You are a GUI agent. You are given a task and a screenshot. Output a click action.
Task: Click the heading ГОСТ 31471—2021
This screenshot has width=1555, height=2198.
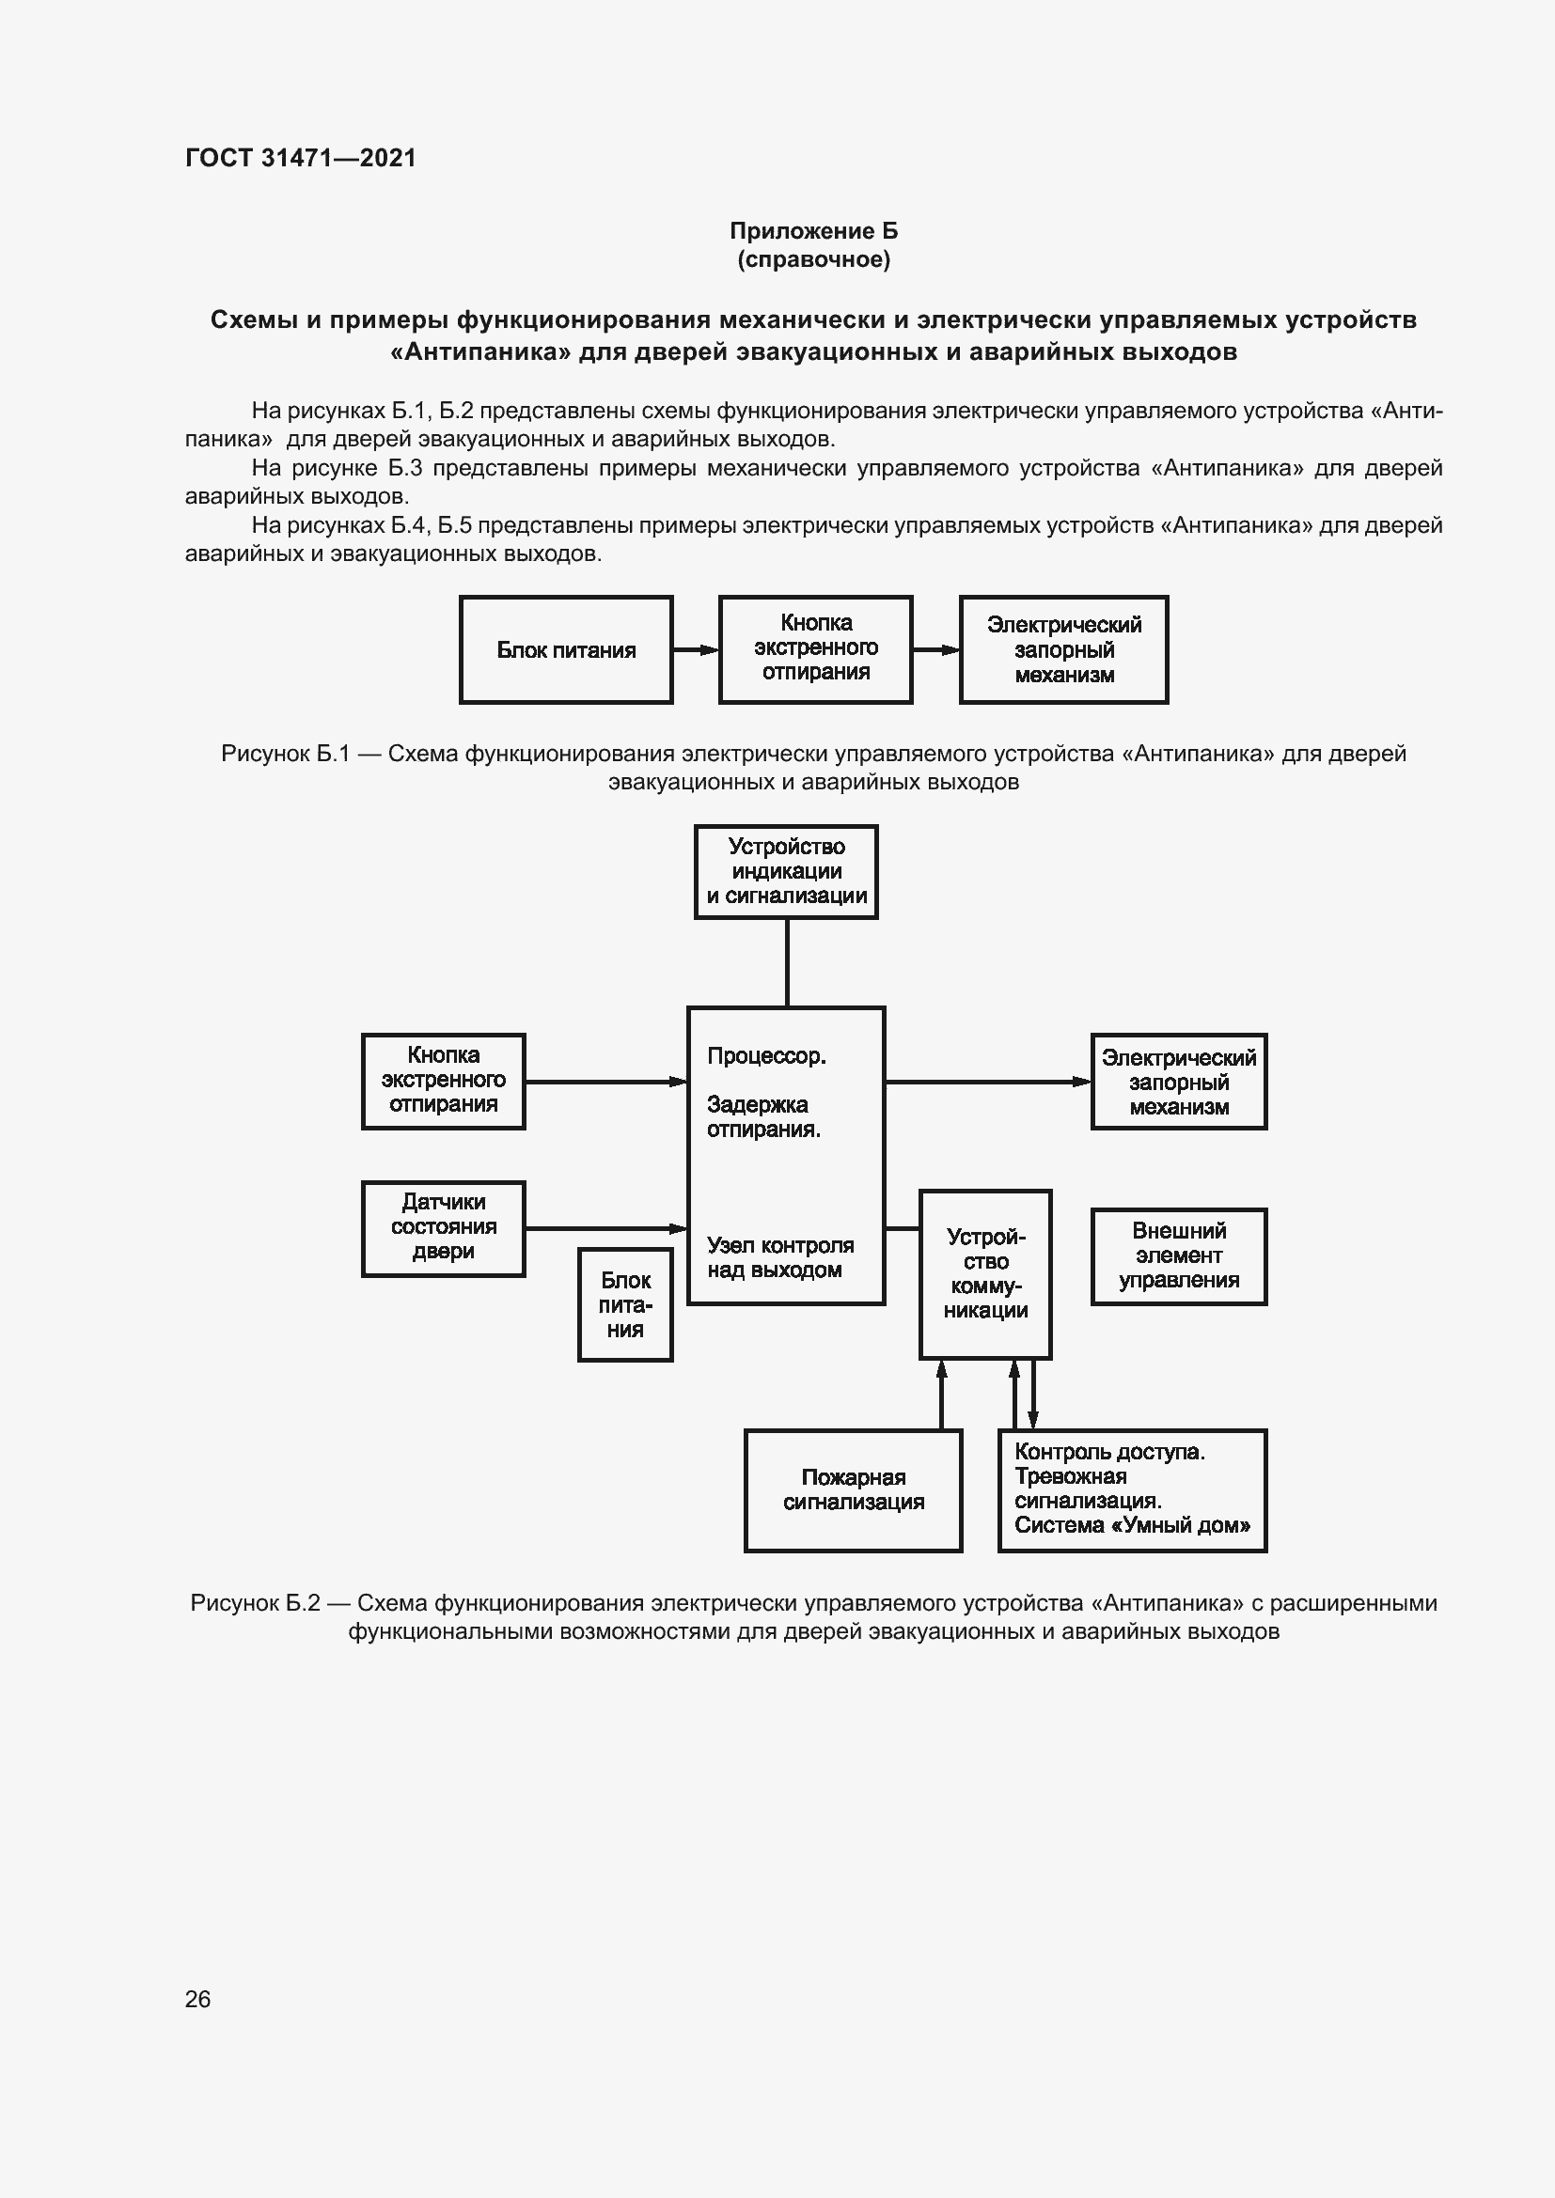(x=301, y=158)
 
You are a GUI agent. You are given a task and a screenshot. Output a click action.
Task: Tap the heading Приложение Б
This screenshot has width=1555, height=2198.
(x=813, y=231)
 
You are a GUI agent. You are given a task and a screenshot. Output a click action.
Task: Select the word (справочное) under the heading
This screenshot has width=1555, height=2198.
(x=813, y=259)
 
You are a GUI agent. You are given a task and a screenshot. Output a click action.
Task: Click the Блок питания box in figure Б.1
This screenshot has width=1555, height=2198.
(x=566, y=650)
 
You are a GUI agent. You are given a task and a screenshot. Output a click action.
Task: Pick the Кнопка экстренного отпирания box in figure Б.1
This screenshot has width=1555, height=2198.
(x=816, y=650)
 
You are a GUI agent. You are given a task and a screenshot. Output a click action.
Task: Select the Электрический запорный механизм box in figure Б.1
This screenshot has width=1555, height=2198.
(x=1064, y=650)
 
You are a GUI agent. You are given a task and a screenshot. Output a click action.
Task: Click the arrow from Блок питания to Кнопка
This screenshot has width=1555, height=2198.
(x=696, y=650)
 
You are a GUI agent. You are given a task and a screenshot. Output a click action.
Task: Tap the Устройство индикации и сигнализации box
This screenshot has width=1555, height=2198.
(x=786, y=871)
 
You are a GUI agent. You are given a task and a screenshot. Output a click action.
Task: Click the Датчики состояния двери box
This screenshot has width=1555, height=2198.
(x=444, y=1228)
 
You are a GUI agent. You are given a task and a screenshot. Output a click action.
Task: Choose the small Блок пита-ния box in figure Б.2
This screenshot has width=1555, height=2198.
(x=625, y=1305)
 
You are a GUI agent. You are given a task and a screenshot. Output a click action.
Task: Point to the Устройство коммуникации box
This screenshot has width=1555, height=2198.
(x=985, y=1274)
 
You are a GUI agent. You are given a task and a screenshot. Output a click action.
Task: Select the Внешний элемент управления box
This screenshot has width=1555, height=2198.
(x=1179, y=1256)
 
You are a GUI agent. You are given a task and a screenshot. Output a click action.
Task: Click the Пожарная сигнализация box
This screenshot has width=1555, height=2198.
(x=853, y=1490)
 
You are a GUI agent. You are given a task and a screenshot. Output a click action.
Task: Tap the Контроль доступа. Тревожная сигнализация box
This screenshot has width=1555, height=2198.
(x=1132, y=1490)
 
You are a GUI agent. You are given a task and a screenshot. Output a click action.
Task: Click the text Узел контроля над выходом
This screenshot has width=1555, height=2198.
(x=779, y=1258)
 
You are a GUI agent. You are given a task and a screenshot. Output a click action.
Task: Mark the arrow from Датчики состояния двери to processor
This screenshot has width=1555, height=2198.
(x=606, y=1228)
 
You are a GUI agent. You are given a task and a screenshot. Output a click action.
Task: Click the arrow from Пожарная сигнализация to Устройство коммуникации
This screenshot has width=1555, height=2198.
(x=941, y=1395)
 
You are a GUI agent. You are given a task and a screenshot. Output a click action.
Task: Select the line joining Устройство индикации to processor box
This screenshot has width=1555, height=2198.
(x=787, y=962)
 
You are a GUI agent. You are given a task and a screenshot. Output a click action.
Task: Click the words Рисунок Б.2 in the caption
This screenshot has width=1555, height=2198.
(x=255, y=1603)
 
